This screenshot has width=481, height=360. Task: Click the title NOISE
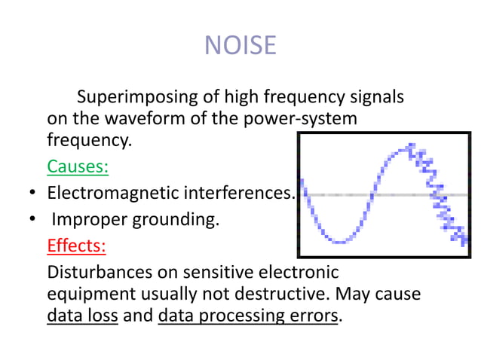pos(240,46)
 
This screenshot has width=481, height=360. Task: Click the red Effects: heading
pos(76,246)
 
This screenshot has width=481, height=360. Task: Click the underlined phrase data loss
pos(82,315)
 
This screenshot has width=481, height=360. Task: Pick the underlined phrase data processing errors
pos(248,315)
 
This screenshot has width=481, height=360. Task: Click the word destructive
pos(289,293)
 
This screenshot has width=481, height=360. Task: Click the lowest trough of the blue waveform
pos(341,241)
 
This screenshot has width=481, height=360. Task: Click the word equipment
pos(85,293)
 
